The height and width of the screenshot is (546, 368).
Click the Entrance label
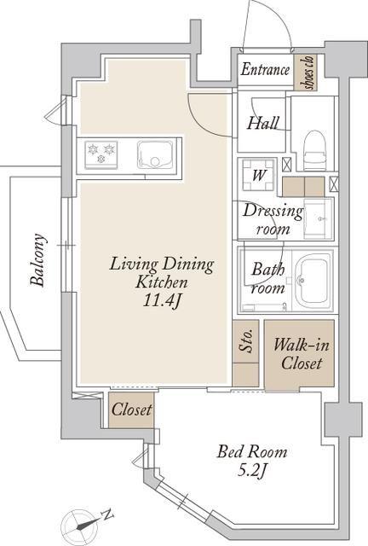pos(265,69)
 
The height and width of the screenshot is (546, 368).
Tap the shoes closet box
pos(306,73)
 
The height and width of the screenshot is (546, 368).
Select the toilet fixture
pos(315,150)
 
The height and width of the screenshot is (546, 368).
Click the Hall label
pos(263,123)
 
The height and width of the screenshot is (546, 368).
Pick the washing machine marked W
pos(258,174)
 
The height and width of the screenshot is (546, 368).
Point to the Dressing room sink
pos(319,218)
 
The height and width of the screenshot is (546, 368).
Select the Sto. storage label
pos(246,341)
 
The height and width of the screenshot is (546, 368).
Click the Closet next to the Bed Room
pos(131,409)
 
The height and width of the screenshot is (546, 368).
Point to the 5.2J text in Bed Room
pos(252,471)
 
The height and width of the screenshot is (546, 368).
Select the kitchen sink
pos(154,155)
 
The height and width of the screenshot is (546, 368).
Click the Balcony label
pos(37,259)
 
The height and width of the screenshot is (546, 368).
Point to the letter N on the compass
pos(108,514)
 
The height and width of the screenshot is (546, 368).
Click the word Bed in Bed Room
pos(229,451)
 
